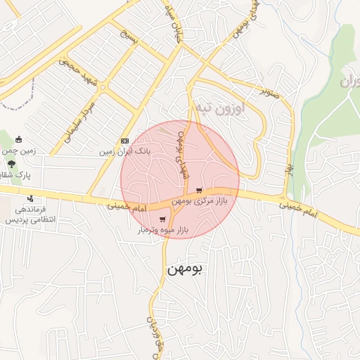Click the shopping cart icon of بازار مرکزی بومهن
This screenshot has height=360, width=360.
pos(200,190)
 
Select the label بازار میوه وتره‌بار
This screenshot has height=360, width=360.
pos(163,230)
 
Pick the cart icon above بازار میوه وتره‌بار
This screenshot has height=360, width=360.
pos(162,219)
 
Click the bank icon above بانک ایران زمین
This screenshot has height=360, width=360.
pos(125,141)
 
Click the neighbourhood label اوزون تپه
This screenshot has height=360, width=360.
pos(240,109)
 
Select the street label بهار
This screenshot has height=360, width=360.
pos(288,169)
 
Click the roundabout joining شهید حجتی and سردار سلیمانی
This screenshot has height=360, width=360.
pos(103,87)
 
